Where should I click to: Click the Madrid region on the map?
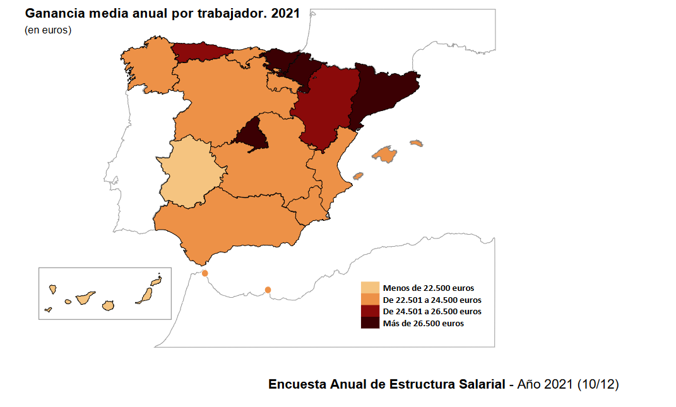(252, 134)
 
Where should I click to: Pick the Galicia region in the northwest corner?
(148, 67)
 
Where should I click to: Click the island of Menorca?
(416, 143)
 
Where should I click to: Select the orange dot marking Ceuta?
(205, 273)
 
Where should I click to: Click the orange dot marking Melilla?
(268, 290)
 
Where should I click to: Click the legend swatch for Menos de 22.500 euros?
(370, 288)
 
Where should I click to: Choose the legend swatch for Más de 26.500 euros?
(370, 323)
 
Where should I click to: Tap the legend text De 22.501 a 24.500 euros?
(432, 300)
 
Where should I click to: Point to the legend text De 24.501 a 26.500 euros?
(432, 312)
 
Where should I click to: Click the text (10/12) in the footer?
(598, 384)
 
